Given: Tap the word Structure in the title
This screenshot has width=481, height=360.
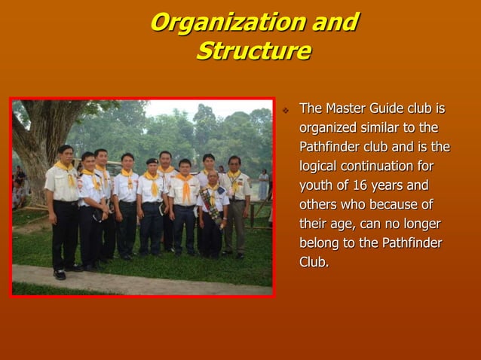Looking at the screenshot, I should pos(253,51).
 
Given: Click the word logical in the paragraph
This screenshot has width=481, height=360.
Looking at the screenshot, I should pos(322,166).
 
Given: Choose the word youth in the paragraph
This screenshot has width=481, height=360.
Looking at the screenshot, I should pos(316,185).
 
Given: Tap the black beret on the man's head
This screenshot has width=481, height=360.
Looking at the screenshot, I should pos(152,160).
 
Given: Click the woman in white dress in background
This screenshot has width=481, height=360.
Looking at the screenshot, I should pos(263,184).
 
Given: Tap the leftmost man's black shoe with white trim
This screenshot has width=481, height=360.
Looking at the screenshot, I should pos(60,274).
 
